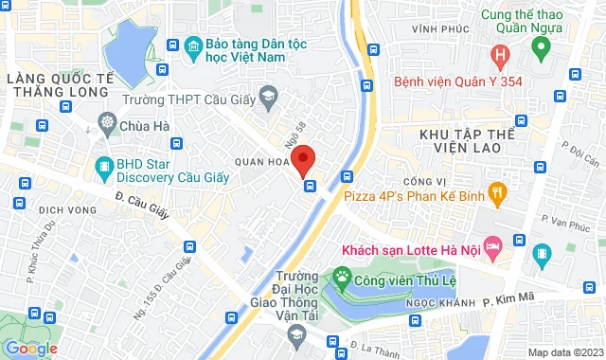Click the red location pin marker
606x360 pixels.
tap(303, 160)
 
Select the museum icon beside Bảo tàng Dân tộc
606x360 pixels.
tap(194, 45)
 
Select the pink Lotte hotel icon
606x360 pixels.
tap(492, 247)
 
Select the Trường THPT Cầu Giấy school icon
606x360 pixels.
tap(269, 96)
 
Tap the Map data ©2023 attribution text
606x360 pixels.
tap(564, 352)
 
